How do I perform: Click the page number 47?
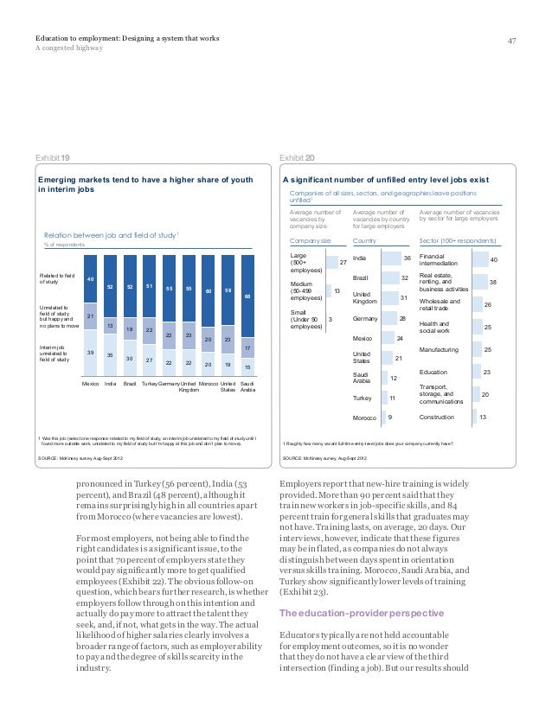(x=511, y=41)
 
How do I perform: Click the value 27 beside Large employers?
(x=343, y=263)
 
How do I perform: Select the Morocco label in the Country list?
(x=368, y=418)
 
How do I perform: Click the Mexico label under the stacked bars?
(x=92, y=381)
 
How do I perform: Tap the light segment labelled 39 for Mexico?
(x=92, y=354)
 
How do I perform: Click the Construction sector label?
(x=440, y=418)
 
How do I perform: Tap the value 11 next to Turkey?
(x=392, y=398)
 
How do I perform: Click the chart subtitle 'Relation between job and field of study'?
(x=103, y=235)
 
